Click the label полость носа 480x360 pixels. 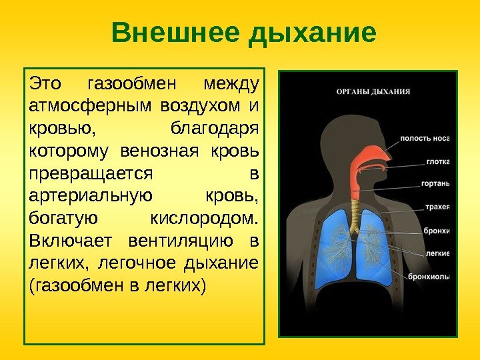tap(425, 139)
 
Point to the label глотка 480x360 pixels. tap(438, 161)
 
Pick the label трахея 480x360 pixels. tap(437, 207)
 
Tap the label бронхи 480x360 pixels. tap(437, 231)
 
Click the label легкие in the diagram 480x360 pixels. tap(438, 253)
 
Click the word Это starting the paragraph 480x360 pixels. tap(45, 85)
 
